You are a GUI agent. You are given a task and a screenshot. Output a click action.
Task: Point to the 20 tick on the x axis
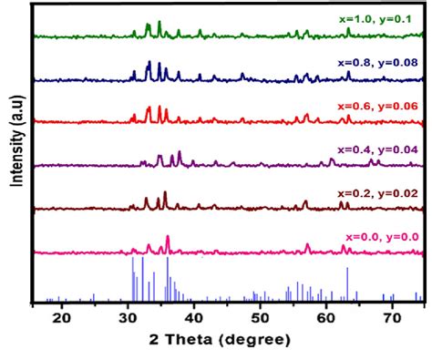pos(61,320)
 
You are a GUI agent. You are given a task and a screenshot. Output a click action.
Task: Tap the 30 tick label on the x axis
pos(128,320)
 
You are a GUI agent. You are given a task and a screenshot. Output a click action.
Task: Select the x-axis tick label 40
pos(193,320)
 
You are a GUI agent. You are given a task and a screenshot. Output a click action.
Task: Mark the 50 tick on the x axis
pos(260,320)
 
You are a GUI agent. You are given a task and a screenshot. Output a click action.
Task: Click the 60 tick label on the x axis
pos(325,320)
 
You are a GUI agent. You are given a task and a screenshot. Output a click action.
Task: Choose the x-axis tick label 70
pos(391,320)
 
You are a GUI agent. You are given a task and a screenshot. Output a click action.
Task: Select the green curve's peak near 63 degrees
pos(347,29)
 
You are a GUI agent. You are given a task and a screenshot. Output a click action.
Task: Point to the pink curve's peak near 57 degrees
pos(307,244)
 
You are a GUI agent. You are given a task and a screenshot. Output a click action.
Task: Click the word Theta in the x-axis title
pos(201,345)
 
